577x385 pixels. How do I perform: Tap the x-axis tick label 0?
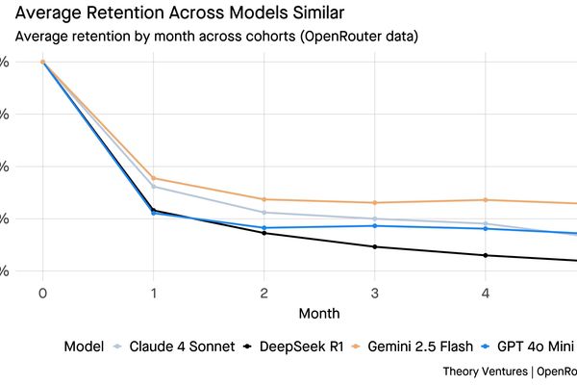(42, 293)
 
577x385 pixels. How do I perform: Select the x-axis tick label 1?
(153, 293)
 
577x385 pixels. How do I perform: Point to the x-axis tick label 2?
(263, 293)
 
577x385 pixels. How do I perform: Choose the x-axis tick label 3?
(374, 293)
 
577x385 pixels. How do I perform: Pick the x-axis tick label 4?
(485, 293)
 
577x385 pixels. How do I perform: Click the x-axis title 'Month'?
(318, 314)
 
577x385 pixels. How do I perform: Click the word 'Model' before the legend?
(84, 346)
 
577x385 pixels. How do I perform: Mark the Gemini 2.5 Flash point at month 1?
(153, 178)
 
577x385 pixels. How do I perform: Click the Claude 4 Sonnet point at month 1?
(153, 187)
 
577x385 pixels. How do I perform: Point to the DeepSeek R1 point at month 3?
(374, 247)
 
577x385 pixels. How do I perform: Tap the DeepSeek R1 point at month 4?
(485, 255)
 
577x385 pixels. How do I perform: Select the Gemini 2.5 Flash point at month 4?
(485, 200)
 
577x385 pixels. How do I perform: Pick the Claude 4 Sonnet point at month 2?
(263, 213)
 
